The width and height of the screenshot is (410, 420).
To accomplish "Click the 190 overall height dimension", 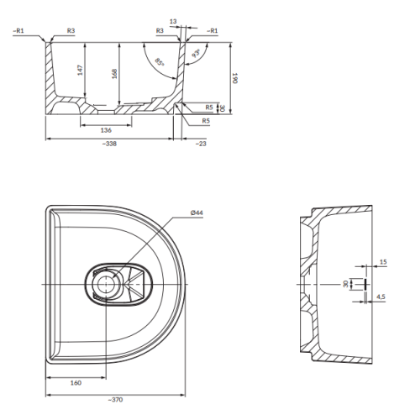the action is (x=234, y=78).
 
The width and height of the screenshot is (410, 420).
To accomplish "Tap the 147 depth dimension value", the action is (x=80, y=70).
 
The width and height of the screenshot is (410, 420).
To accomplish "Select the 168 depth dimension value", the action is (x=114, y=74).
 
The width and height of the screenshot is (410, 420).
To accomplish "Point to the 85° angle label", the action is (x=160, y=62).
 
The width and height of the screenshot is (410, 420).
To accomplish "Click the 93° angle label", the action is (x=197, y=53).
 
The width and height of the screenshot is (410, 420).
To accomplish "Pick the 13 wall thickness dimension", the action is (x=173, y=21).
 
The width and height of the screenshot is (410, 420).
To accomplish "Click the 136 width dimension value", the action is (x=106, y=130).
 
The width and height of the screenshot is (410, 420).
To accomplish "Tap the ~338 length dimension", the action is (x=109, y=144).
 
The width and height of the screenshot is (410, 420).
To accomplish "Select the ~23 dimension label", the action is (x=201, y=144).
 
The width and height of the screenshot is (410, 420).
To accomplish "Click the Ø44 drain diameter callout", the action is (x=197, y=213).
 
